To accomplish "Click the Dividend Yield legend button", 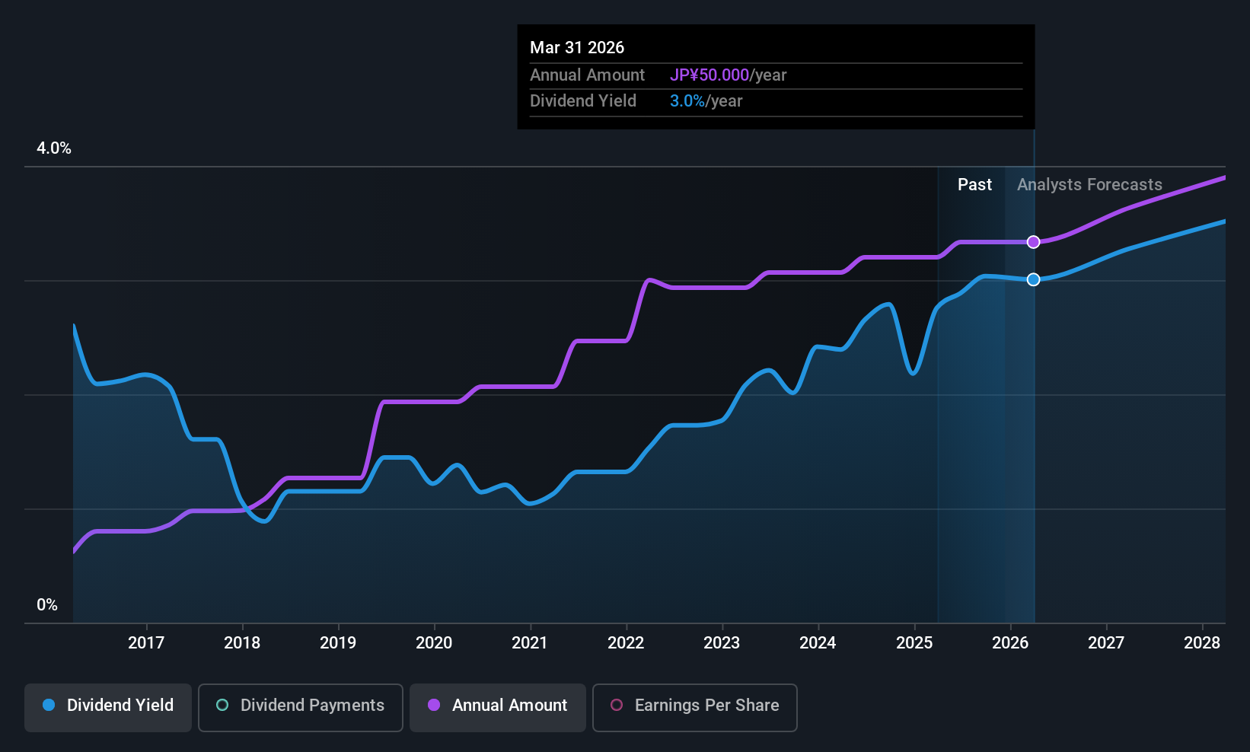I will pos(108,706).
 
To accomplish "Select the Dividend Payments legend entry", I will pos(300,706).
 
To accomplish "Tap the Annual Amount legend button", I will pos(498,706).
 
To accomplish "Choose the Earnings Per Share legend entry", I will pos(694,706).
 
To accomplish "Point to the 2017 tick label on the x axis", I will pos(146,643).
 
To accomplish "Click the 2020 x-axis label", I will pos(434,643).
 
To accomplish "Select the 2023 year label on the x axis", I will pos(722,643).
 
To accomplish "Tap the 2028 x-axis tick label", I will pos(1202,643).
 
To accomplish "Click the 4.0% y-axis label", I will pos(54,148).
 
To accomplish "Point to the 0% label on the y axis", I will pos(47,605).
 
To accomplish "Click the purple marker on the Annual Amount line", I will pos(1033,242).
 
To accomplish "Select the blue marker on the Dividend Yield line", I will pos(1033,279).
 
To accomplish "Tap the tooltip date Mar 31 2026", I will pos(577,48).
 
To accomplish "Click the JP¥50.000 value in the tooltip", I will pos(710,75).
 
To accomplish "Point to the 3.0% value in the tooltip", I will pos(687,101).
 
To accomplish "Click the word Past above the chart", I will pos(974,185).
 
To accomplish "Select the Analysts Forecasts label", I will pos(1089,185).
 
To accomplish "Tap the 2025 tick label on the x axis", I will pos(914,643).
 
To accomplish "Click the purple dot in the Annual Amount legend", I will pos(434,706).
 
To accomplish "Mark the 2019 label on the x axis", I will pos(338,643).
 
